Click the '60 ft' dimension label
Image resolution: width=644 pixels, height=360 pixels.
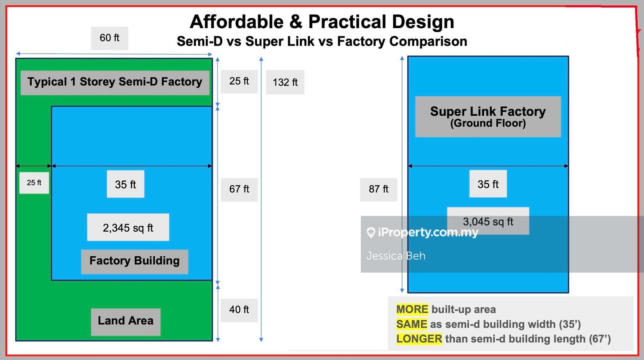point(110,38)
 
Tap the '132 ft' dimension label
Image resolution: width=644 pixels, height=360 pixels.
point(285,82)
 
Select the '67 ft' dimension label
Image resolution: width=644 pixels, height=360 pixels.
point(239,190)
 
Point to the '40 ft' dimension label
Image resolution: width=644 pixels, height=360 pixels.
point(239,310)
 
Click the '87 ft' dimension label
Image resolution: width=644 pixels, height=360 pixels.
point(379,190)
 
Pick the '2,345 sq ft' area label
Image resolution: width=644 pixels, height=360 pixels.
point(128,228)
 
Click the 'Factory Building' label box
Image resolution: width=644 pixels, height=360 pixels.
point(135,261)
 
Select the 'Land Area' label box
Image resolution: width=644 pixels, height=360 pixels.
point(126,322)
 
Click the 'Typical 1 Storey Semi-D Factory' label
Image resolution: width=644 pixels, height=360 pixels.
point(115,83)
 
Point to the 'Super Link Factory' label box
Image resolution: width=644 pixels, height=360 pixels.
point(488,116)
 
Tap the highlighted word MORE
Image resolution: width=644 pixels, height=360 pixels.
point(412,309)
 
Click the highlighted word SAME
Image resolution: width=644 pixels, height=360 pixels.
point(411,324)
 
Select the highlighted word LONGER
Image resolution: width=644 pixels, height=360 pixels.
point(419,339)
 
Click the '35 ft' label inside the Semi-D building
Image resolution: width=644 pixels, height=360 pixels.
point(125,184)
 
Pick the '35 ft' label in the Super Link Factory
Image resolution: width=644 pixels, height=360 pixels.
point(488,184)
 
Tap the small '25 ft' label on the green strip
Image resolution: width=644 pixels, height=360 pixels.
point(34,183)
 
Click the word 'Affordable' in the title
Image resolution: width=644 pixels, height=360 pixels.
point(237,22)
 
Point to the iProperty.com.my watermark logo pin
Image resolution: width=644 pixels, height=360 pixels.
point(371,233)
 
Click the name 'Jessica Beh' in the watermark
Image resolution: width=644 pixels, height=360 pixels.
point(396,256)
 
